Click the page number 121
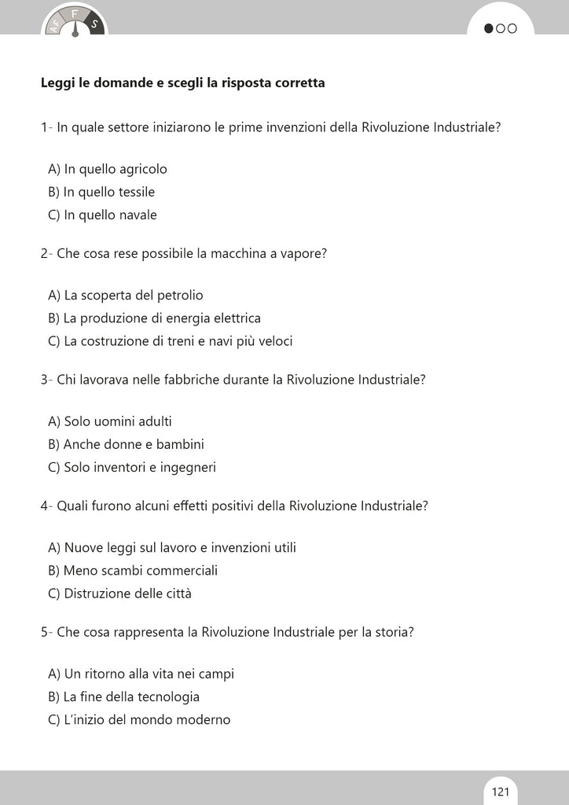coord(501,791)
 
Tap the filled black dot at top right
coord(489,29)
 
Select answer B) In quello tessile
coord(101,192)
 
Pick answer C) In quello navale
coord(102,215)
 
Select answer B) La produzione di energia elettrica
coord(154,318)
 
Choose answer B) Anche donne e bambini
coord(126,444)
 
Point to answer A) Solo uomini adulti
coord(110,421)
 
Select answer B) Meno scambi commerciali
coord(133,571)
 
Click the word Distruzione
coord(97,594)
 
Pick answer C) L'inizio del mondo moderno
coord(139,719)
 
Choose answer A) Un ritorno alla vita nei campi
coord(141,674)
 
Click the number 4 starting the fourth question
coord(44,505)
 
